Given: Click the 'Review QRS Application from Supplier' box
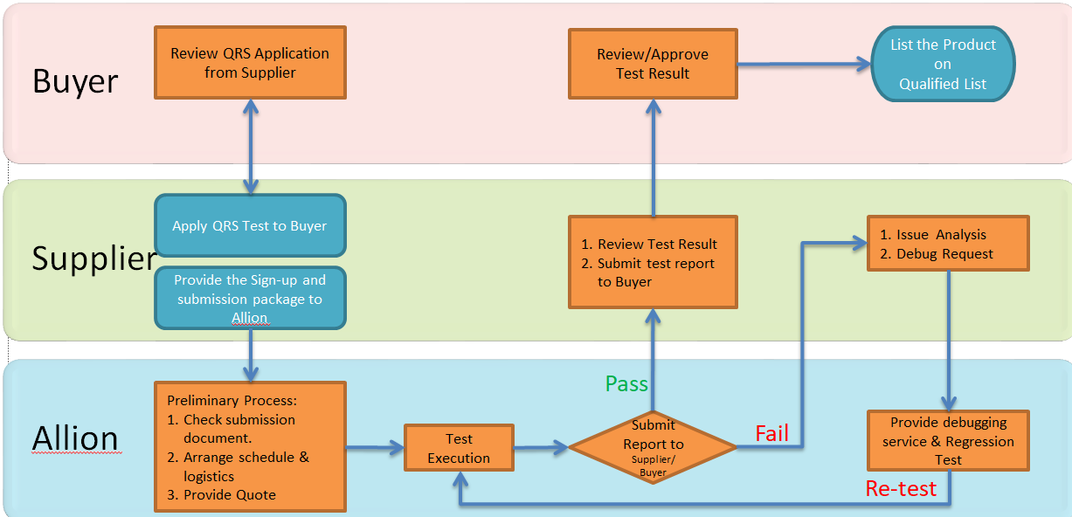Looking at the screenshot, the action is (x=250, y=63).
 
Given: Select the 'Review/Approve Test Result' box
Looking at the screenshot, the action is (x=653, y=64).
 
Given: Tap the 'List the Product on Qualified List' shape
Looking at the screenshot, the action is (x=943, y=64).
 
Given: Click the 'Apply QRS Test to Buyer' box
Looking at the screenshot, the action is (x=250, y=225).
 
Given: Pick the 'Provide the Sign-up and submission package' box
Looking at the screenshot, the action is (x=250, y=298).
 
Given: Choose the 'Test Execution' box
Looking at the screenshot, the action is (x=459, y=448).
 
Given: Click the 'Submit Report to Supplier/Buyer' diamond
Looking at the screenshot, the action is (x=653, y=447).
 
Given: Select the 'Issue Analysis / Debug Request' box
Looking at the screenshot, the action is (x=948, y=244).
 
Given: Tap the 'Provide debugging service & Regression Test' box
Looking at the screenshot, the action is (x=948, y=440).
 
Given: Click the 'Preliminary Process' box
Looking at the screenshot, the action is (x=250, y=446).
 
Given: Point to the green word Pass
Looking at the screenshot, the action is (x=626, y=383).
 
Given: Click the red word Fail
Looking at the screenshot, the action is (x=772, y=433).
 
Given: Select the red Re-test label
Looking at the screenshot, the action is (x=901, y=488).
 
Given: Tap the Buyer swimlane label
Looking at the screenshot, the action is (x=75, y=81).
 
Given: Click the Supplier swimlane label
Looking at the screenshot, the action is (x=94, y=258).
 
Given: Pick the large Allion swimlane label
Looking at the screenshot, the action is (x=76, y=438).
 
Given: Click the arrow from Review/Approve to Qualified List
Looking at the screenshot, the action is (x=804, y=64).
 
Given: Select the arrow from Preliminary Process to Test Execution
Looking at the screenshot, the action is (x=375, y=448).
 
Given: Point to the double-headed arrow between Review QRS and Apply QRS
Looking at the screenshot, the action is (x=250, y=147).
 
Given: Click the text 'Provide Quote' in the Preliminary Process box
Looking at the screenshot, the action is (x=230, y=494).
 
